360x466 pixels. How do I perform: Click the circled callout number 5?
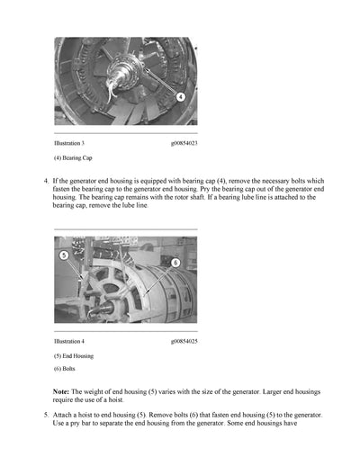pyautogui.click(x=64, y=255)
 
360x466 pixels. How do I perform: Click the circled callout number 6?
pyautogui.click(x=175, y=263)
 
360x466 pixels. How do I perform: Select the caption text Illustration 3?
pyautogui.click(x=69, y=143)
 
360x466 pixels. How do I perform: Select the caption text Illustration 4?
pyautogui.click(x=69, y=341)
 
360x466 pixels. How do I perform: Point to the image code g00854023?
pyautogui.click(x=184, y=143)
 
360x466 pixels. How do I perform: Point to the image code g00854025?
pyautogui.click(x=184, y=341)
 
